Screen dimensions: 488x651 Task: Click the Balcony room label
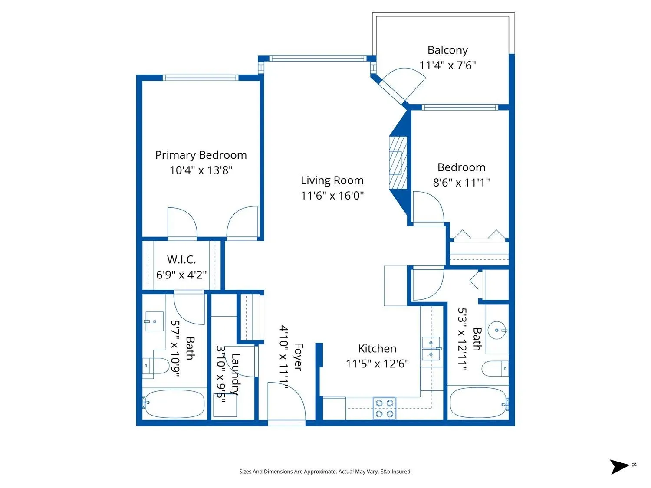pos(447,50)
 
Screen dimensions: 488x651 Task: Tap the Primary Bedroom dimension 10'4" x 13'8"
pos(201,170)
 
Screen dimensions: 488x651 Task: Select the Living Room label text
pos(332,180)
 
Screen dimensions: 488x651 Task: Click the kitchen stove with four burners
pos(385,409)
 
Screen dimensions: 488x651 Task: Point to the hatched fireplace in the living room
pos(398,163)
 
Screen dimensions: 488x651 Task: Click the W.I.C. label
pos(181,260)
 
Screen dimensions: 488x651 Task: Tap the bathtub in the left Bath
pos(174,404)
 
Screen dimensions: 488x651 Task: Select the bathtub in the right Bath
pos(478,403)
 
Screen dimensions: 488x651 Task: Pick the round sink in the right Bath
pos(496,331)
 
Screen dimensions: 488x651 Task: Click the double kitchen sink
pos(431,349)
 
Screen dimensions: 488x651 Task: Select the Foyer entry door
pos(286,401)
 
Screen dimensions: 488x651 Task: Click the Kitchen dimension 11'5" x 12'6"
pos(377,364)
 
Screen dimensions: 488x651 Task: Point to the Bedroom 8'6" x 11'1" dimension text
pos(461,183)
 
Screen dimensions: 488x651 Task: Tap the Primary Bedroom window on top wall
pos(201,78)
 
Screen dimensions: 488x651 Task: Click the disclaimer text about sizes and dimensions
pos(325,472)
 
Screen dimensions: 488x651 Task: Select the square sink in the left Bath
pos(154,321)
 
